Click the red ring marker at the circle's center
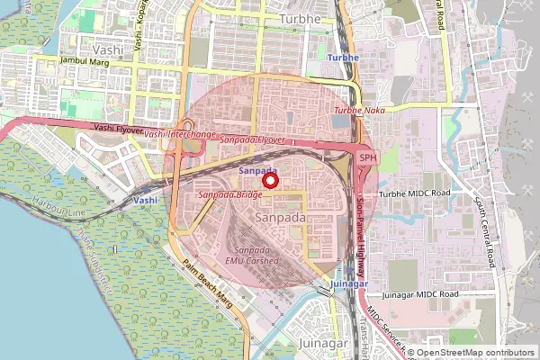268,181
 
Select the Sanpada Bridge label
229,194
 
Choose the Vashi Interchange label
180,134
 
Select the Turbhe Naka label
359,111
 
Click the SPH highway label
367,157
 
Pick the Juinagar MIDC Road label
420,294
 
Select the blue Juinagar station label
349,283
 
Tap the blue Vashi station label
146,199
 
